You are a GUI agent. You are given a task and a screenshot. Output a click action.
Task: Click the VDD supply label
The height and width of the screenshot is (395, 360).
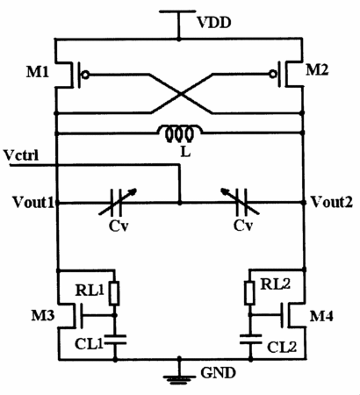214,23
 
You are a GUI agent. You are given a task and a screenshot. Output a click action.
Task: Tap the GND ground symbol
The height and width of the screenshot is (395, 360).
179,378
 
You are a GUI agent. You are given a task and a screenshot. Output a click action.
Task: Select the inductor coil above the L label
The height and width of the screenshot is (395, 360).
180,134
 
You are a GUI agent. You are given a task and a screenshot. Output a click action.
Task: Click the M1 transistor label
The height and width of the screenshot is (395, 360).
38,72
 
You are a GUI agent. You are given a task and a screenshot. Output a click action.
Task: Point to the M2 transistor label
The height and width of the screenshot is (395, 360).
317,70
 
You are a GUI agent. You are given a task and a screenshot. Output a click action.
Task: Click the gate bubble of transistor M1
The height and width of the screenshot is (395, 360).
85,75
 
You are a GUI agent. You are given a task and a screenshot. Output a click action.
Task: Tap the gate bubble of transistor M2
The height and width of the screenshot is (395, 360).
273,75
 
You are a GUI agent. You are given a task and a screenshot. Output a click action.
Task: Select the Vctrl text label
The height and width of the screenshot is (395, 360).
21,155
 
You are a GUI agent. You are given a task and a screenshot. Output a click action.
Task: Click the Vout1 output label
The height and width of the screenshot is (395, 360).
33,202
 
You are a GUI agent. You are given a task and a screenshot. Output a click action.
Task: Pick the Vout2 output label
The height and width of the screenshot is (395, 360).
331,202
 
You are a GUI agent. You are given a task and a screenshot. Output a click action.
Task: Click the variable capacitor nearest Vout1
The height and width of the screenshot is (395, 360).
117,202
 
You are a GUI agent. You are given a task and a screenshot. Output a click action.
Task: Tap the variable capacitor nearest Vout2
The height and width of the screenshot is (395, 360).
241,202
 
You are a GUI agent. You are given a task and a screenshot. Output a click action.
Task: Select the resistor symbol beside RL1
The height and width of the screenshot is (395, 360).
114,293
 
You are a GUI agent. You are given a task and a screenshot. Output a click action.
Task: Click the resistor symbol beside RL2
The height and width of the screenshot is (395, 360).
249,292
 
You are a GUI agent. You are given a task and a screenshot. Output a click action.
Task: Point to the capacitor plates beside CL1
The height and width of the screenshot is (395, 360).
115,340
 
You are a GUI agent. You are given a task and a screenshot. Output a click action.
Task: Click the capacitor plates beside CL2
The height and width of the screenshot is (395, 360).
250,339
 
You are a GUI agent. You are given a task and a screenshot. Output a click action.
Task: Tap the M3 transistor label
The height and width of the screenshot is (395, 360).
43,315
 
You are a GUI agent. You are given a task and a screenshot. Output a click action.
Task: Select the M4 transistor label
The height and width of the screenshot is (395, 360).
321,316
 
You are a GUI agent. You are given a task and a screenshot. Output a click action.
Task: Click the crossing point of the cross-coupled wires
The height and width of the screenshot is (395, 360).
182,94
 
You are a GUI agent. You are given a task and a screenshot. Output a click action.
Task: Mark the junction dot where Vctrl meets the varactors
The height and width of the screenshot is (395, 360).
180,202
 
